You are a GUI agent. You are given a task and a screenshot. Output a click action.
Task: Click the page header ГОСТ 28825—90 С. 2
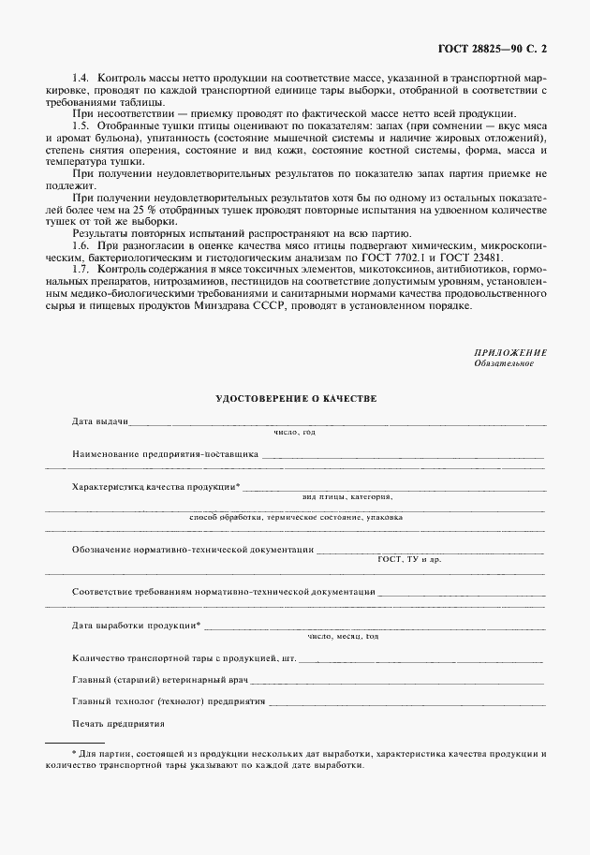[x=504, y=45]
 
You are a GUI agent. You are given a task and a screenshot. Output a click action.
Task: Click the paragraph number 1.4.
[x=81, y=74]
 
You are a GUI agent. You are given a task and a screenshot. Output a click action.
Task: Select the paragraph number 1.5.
[x=81, y=125]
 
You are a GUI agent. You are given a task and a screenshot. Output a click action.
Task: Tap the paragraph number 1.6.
[x=81, y=243]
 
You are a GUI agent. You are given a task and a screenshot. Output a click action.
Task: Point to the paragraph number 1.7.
[x=81, y=269]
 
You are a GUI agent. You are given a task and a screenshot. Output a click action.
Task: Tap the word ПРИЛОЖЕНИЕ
[x=510, y=352]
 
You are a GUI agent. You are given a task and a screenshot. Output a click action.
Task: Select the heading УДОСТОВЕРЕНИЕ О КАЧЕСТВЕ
[x=296, y=398]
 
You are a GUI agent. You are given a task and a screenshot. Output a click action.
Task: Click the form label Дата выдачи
[x=99, y=422]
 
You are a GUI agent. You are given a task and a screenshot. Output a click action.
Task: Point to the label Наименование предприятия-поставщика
[x=165, y=453]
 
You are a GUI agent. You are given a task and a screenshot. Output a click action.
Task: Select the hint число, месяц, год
[x=343, y=636]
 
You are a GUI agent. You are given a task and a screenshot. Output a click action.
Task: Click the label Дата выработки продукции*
[x=137, y=625]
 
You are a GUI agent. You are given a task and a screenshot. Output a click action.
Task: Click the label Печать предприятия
[x=118, y=723]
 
